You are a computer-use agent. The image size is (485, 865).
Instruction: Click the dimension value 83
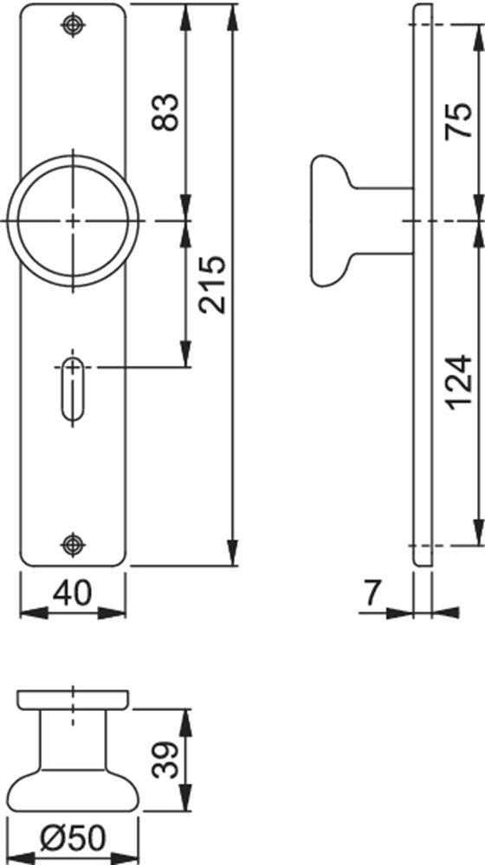pyautogui.click(x=165, y=112)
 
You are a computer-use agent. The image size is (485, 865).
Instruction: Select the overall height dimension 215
pyautogui.click(x=213, y=284)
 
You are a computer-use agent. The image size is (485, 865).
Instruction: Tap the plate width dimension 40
pyautogui.click(x=73, y=593)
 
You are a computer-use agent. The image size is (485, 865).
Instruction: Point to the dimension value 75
pyautogui.click(x=459, y=120)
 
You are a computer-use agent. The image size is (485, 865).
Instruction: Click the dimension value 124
pyautogui.click(x=459, y=382)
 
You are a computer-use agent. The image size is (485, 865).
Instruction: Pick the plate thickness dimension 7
pyautogui.click(x=372, y=593)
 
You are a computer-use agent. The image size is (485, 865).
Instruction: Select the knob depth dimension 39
pyautogui.click(x=165, y=759)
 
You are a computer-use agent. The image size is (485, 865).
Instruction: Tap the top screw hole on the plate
pyautogui.click(x=73, y=24)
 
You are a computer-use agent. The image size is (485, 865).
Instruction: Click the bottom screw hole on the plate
pyautogui.click(x=73, y=544)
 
